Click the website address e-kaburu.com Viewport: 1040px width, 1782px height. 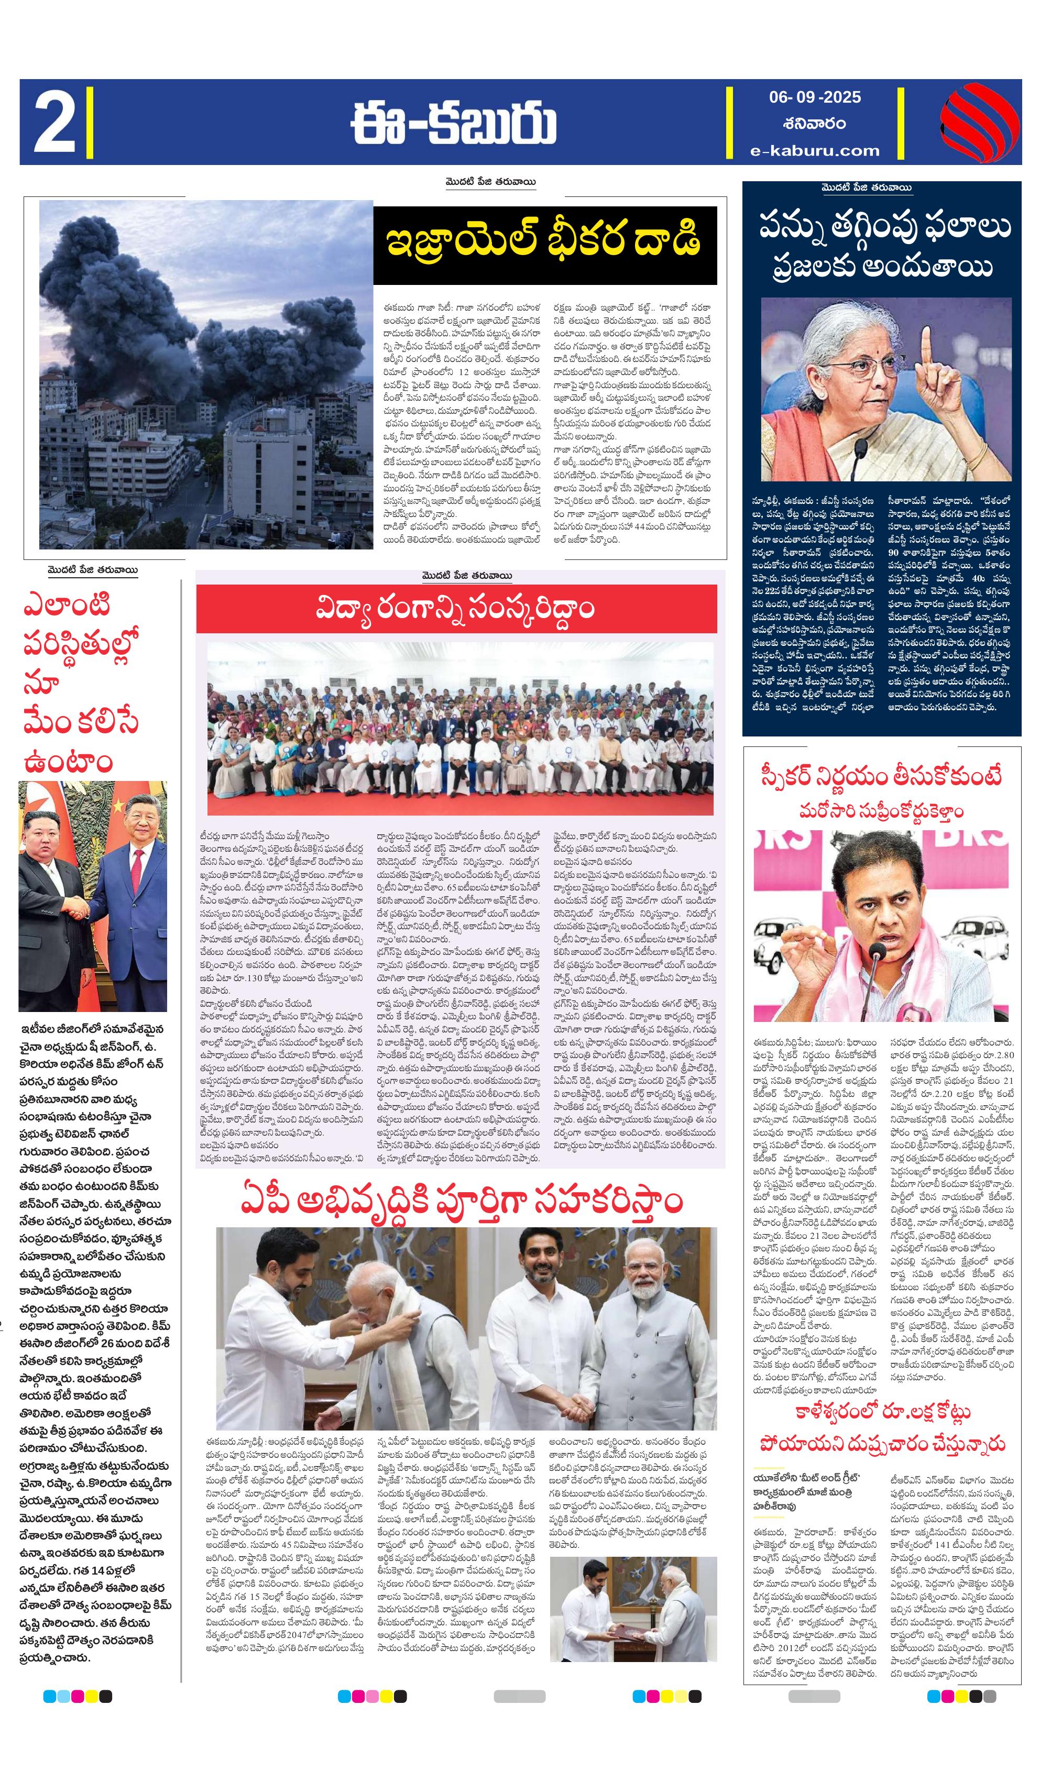[x=815, y=150]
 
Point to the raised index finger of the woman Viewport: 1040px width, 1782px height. [x=926, y=347]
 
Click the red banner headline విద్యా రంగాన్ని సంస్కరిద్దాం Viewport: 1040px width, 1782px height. [x=456, y=609]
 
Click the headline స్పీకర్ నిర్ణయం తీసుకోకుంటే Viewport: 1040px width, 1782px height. [x=881, y=776]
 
